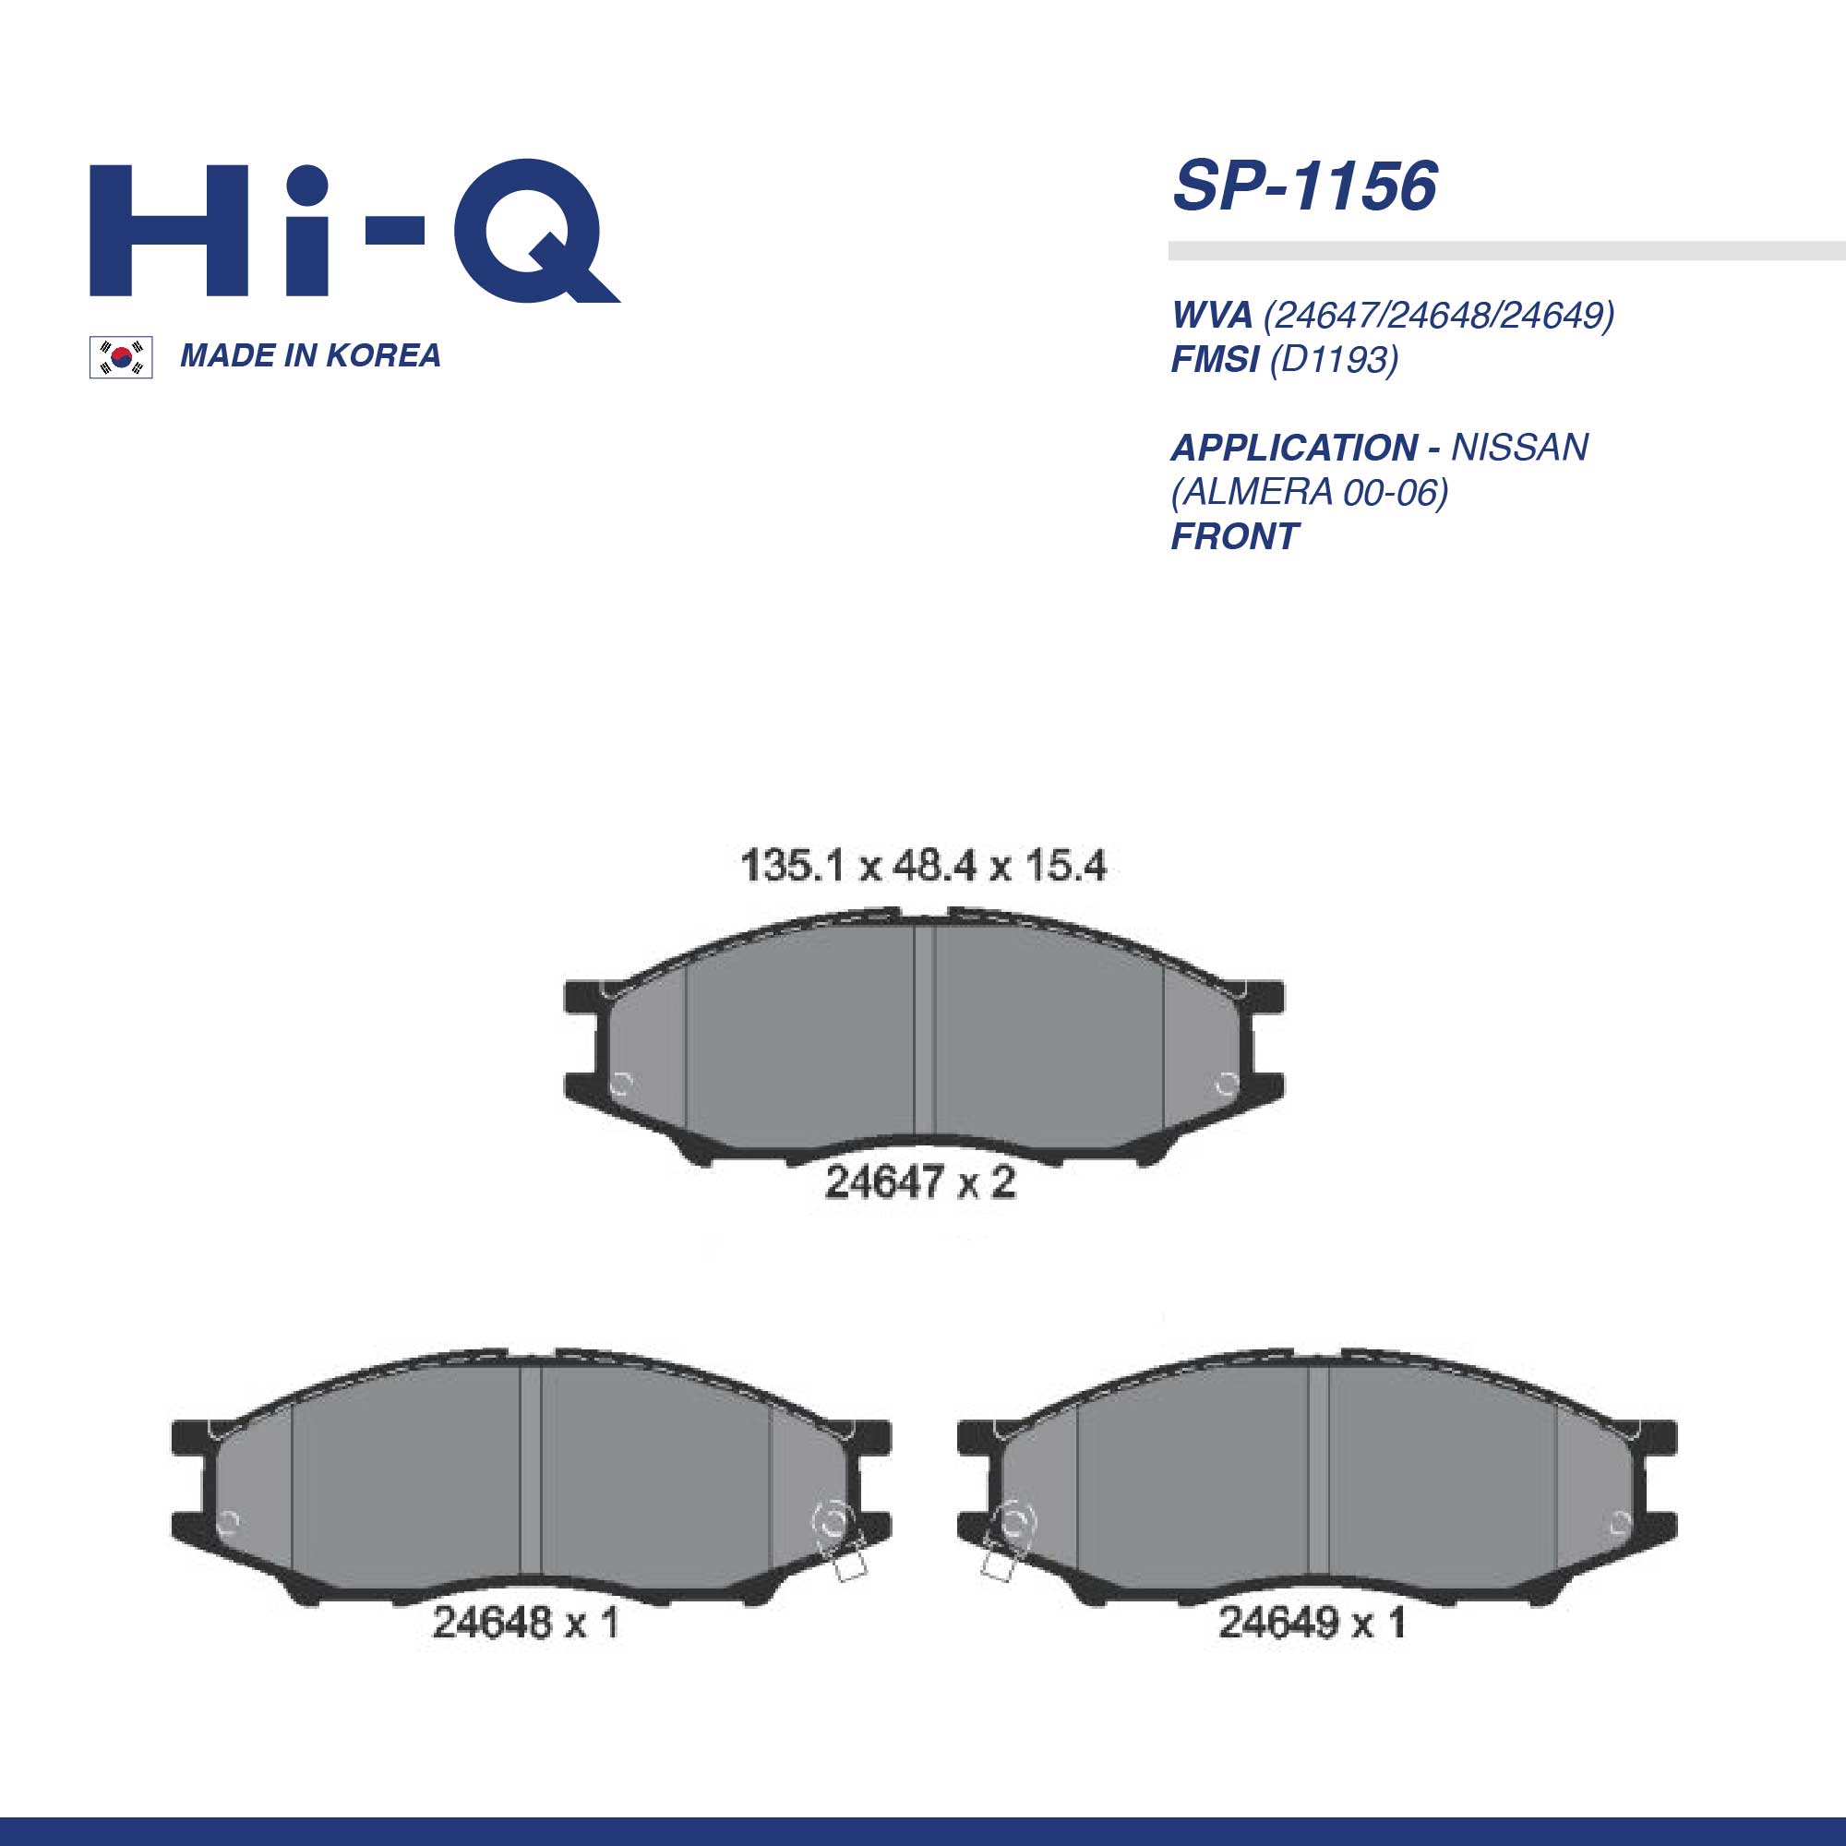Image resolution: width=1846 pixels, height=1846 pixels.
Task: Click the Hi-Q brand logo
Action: click(x=354, y=232)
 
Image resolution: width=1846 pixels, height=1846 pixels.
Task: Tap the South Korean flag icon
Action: click(x=120, y=357)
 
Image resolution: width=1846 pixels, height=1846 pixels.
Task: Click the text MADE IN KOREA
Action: click(x=310, y=355)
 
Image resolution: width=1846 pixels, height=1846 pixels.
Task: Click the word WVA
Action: click(x=1212, y=315)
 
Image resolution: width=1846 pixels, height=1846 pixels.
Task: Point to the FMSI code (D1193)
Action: click(x=1334, y=359)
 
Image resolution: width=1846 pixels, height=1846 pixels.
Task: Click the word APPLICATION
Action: click(x=1294, y=447)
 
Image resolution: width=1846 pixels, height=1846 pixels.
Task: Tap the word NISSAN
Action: click(x=1520, y=447)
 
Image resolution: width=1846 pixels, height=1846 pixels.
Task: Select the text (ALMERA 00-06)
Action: click(x=1310, y=492)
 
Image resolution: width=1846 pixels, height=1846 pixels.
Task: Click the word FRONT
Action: click(x=1234, y=537)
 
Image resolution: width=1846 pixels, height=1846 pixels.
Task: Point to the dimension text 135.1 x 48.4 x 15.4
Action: click(x=923, y=867)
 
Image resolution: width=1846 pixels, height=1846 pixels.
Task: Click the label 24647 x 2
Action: click(x=919, y=1183)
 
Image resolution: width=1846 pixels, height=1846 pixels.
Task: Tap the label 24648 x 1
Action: click(x=525, y=1623)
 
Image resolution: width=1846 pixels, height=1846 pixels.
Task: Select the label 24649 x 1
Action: click(x=1312, y=1623)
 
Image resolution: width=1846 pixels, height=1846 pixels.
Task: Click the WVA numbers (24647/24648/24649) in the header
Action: click(x=1439, y=315)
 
